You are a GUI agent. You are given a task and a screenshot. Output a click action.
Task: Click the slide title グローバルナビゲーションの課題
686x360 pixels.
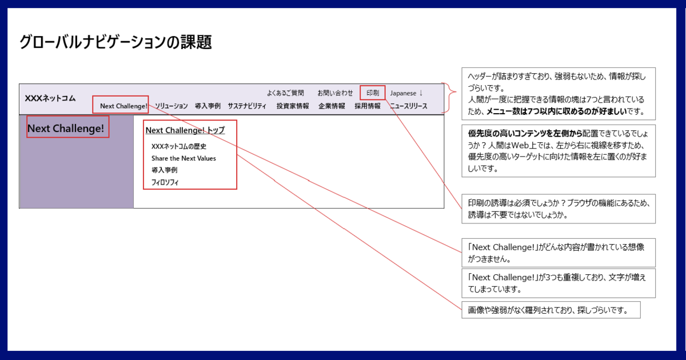click(x=115, y=42)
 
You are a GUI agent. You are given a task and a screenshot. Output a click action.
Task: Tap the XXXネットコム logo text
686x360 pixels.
click(x=50, y=98)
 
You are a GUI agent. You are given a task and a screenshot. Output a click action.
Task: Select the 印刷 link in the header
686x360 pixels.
click(x=373, y=93)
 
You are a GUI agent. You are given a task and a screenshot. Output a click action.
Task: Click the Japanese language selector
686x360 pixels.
click(x=406, y=93)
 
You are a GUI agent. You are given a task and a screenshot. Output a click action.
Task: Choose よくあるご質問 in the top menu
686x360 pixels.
click(x=285, y=93)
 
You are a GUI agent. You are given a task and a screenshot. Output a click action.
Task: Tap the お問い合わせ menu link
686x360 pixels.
click(x=335, y=93)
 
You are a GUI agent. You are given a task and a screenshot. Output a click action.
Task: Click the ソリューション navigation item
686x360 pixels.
click(x=171, y=106)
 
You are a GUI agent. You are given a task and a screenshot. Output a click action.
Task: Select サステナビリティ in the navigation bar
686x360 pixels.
click(x=247, y=106)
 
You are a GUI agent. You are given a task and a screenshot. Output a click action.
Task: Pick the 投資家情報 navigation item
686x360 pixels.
click(x=293, y=106)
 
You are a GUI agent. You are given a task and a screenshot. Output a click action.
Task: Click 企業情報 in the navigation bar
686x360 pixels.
click(x=332, y=106)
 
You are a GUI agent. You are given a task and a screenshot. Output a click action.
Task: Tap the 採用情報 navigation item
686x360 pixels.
click(x=368, y=106)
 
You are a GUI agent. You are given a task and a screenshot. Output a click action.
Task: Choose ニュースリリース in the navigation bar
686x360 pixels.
click(x=409, y=106)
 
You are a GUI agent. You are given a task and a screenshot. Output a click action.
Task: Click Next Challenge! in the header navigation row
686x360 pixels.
click(x=123, y=106)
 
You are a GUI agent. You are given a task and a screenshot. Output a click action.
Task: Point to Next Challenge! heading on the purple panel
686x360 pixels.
click(x=66, y=128)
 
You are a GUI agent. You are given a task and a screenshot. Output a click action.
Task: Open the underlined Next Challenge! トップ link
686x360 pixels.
click(x=185, y=130)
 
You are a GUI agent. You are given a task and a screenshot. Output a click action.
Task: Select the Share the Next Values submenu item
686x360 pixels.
click(x=184, y=158)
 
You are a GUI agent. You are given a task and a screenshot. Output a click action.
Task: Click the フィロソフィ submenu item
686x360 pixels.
click(x=165, y=182)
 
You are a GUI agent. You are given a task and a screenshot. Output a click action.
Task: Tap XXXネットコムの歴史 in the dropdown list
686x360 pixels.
click(x=179, y=146)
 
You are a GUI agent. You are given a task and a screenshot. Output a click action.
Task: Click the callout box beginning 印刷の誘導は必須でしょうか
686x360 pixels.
click(x=559, y=209)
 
